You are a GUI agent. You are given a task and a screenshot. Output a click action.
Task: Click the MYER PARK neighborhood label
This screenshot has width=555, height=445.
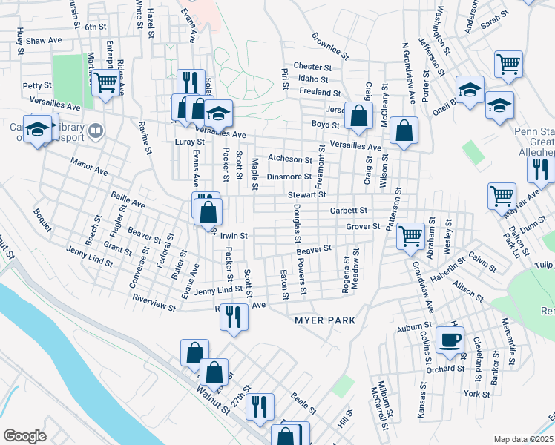(325, 320)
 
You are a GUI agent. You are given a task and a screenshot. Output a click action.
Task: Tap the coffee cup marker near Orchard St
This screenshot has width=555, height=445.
(450, 340)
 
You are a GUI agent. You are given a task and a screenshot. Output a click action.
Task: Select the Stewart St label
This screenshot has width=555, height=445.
(307, 194)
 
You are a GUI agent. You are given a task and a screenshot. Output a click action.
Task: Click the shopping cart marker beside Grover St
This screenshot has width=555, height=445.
(410, 237)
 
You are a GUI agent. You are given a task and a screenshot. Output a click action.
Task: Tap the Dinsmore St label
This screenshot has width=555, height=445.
(289, 177)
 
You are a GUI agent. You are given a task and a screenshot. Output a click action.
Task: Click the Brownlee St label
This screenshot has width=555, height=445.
(330, 45)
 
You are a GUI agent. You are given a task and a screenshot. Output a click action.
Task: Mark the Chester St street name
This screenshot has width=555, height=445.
(311, 66)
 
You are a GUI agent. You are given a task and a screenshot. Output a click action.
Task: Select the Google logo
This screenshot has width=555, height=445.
(24, 435)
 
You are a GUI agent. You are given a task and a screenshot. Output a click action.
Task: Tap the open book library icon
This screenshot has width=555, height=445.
(95, 131)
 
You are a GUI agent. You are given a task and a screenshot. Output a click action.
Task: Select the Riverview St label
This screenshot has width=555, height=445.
(153, 303)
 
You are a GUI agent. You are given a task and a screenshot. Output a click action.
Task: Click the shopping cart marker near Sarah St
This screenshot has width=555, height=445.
(509, 64)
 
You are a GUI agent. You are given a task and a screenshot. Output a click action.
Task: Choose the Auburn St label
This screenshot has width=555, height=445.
(414, 326)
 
